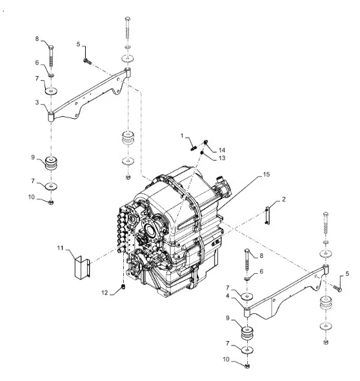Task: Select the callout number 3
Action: (37, 103)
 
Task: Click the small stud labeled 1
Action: (194, 146)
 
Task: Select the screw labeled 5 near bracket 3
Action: (87, 61)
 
